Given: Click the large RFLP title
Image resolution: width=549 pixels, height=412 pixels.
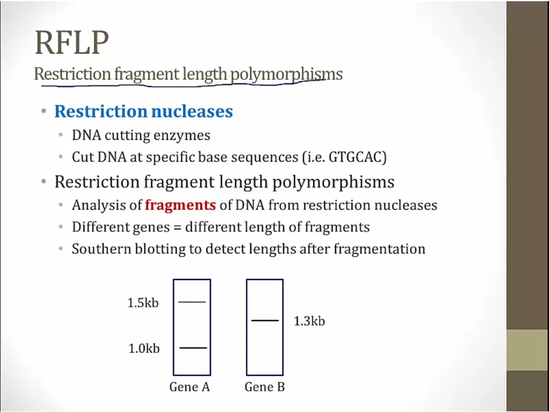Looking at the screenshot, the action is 72,42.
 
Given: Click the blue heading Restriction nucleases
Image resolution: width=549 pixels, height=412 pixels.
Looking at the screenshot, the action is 143,111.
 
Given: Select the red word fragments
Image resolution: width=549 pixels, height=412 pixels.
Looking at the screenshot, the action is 181,205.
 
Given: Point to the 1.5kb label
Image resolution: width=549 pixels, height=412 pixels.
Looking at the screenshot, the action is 143,303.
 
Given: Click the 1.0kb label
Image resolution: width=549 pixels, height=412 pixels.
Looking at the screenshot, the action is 144,349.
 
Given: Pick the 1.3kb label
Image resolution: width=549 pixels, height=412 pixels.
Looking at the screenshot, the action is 309,321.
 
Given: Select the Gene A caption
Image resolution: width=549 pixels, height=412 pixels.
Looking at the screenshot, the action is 190,387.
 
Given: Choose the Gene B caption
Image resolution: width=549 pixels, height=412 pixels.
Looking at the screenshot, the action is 265,387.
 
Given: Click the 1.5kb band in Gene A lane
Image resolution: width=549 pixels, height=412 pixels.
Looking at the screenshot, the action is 192,302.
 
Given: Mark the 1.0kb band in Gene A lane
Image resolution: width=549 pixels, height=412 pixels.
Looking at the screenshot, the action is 193,347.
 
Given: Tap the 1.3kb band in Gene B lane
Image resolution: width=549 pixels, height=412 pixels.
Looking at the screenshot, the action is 265,320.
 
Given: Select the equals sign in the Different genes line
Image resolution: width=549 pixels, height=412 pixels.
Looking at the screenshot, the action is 178,228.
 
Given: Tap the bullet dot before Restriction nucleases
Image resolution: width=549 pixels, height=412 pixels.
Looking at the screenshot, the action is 44,111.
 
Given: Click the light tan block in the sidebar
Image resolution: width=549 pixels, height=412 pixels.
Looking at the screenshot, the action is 528,350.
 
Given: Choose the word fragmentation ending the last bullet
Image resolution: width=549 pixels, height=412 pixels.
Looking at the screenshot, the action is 379,249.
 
